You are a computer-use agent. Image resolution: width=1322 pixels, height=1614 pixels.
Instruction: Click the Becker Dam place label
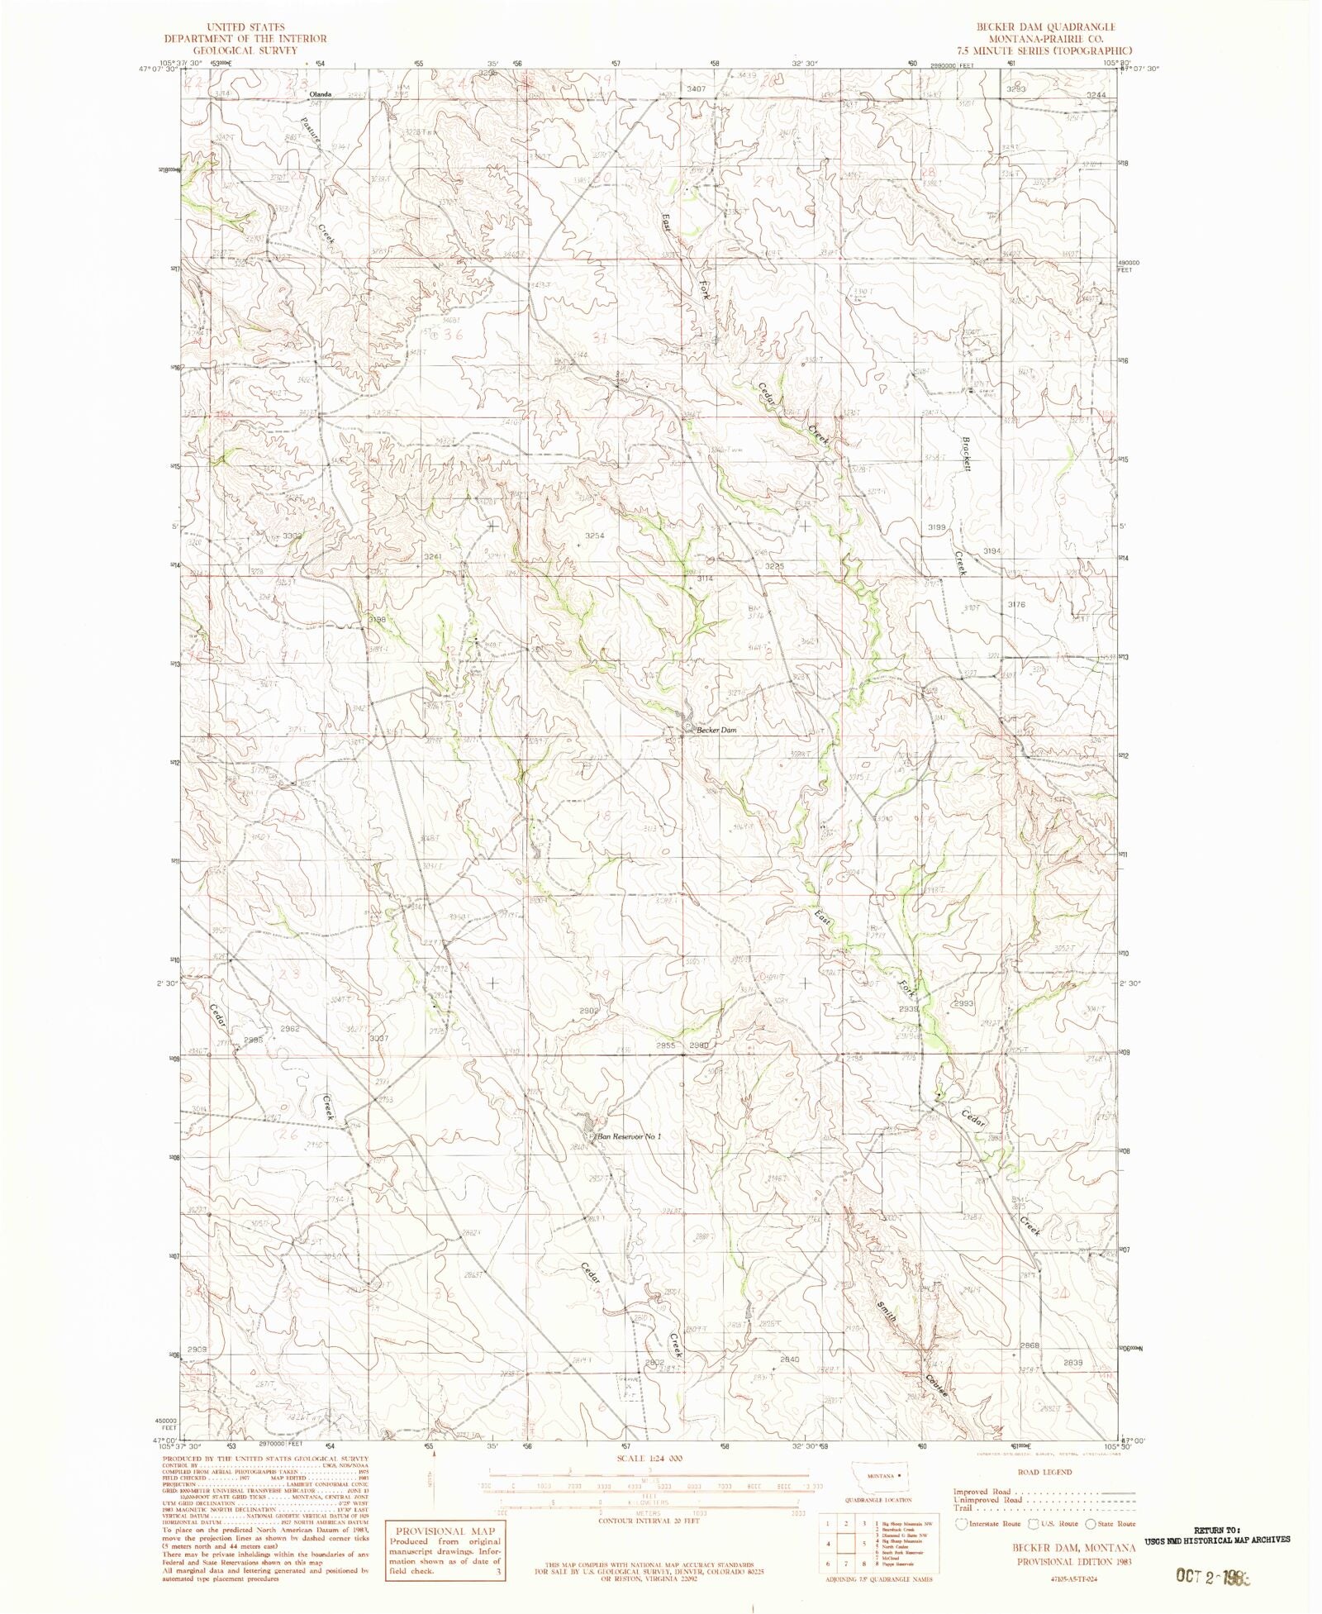pyautogui.click(x=716, y=731)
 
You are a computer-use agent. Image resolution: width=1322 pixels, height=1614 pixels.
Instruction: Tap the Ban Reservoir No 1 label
pyautogui.click(x=630, y=1136)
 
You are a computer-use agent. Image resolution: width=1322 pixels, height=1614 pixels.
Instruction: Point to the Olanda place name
pyautogui.click(x=320, y=95)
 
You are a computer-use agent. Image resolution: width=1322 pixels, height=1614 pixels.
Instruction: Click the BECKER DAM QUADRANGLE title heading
pyautogui.click(x=1045, y=26)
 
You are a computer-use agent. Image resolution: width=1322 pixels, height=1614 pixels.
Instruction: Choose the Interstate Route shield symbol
pyautogui.click(x=960, y=1523)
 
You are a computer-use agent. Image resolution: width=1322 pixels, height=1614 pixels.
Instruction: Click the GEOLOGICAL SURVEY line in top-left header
pyautogui.click(x=245, y=49)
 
